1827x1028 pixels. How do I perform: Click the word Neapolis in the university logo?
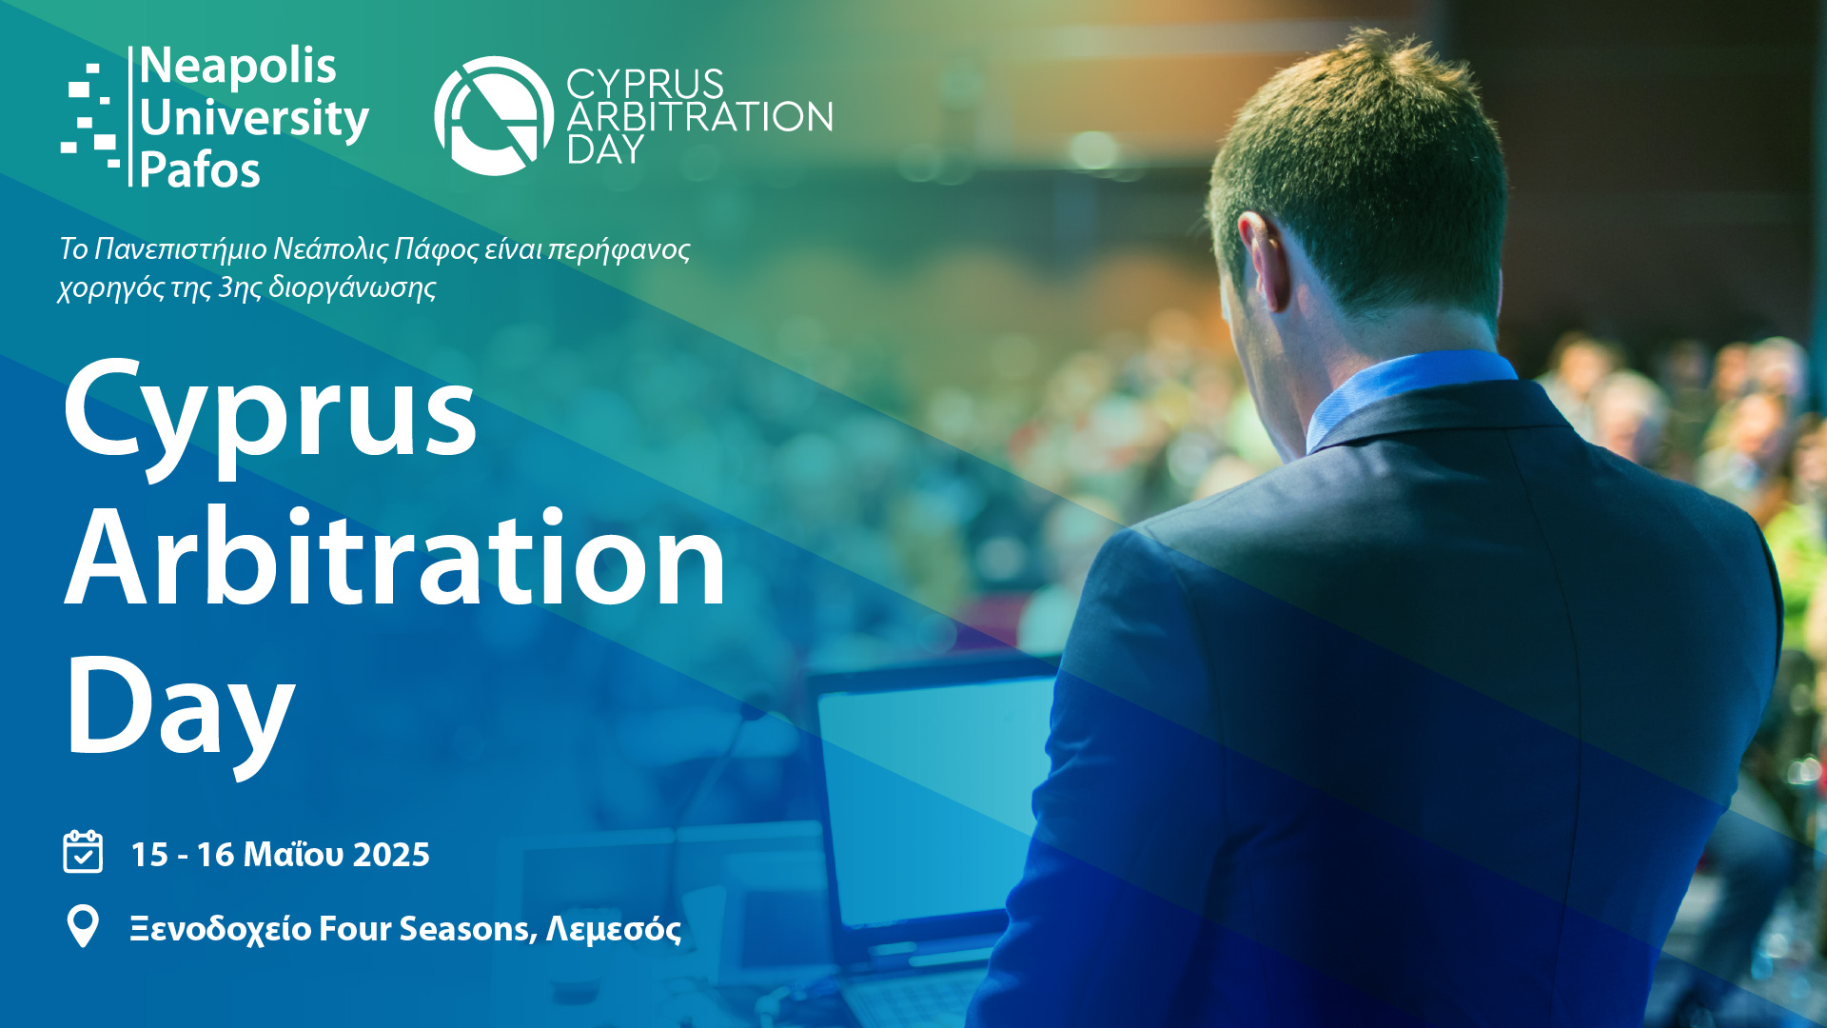tap(238, 67)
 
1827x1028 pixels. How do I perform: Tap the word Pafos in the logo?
tap(200, 170)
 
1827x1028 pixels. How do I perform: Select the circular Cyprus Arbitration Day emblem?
tap(494, 115)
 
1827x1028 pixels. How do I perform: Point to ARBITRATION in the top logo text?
tap(699, 117)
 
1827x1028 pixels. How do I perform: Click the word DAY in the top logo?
tap(605, 149)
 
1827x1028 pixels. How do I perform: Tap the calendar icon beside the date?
tap(83, 851)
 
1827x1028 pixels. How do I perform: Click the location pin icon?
tap(83, 926)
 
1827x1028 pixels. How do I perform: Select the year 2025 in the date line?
tap(391, 855)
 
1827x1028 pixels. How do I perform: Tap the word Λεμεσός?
tap(613, 928)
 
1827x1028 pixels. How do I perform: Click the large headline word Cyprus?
tap(270, 414)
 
